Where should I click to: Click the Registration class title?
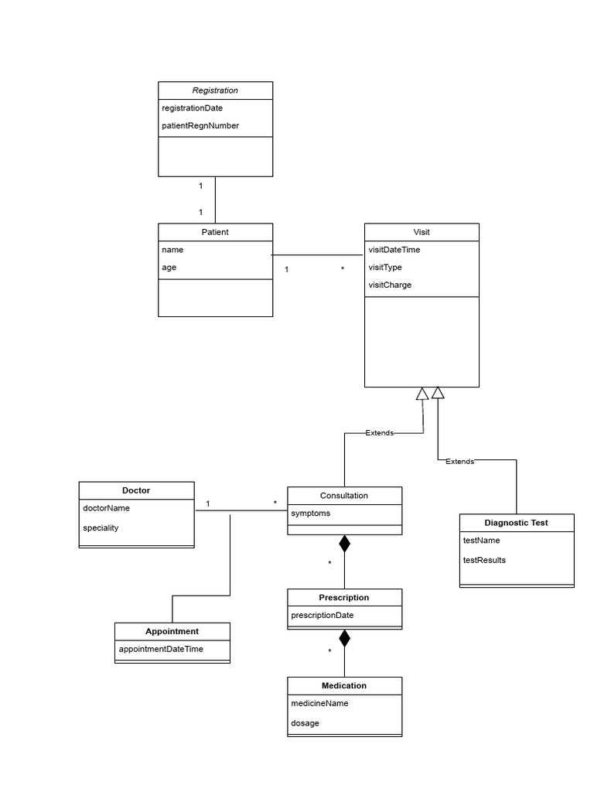pyautogui.click(x=215, y=90)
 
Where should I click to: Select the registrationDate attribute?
pyautogui.click(x=192, y=108)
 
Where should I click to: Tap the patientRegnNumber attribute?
pyautogui.click(x=200, y=125)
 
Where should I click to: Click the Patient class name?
pyautogui.click(x=215, y=232)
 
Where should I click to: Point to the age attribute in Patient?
pyautogui.click(x=169, y=268)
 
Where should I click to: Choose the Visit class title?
pyautogui.click(x=422, y=232)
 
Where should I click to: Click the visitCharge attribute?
pyautogui.click(x=390, y=285)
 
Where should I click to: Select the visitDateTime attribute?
pyautogui.click(x=394, y=250)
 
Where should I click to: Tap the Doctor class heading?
pyautogui.click(x=136, y=490)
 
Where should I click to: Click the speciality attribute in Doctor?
pyautogui.click(x=101, y=527)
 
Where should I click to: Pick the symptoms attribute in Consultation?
pyautogui.click(x=310, y=514)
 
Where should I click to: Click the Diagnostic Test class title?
pyautogui.click(x=516, y=523)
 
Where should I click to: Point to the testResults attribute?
pyautogui.click(x=484, y=560)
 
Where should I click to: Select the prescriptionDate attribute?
pyautogui.click(x=323, y=616)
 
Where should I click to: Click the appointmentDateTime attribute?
pyautogui.click(x=161, y=649)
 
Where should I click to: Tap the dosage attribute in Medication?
pyautogui.click(x=305, y=723)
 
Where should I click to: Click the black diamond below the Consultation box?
pyautogui.click(x=344, y=544)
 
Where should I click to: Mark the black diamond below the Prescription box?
pyautogui.click(x=344, y=638)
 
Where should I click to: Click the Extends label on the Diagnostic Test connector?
pyautogui.click(x=460, y=461)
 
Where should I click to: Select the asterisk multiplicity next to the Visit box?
pyautogui.click(x=343, y=269)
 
